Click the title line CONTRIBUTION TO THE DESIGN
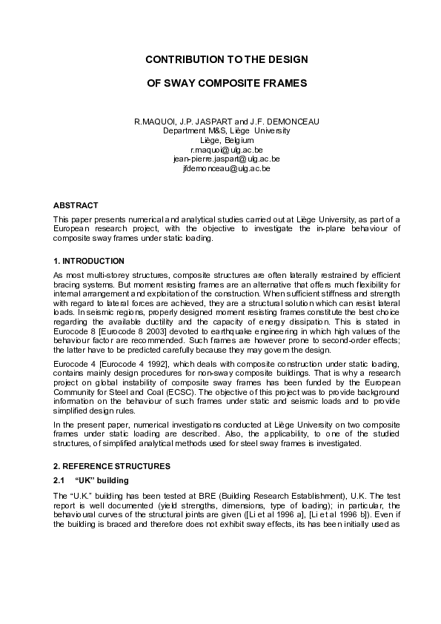[226, 59]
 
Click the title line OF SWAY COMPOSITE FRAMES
[226, 84]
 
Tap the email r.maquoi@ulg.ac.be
[226, 150]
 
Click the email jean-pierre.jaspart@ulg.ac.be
[226, 159]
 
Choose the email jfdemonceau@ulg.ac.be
[226, 168]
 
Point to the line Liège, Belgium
[227, 140]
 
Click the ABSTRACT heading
[76, 205]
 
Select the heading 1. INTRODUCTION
[89, 262]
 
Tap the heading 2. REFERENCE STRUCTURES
[112, 466]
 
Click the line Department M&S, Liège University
[226, 130]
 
